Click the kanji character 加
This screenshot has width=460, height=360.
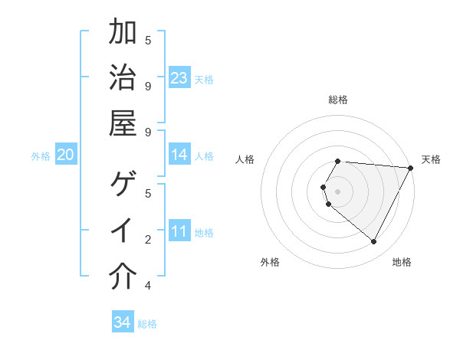[x=123, y=33]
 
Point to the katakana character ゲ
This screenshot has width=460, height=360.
[x=123, y=185]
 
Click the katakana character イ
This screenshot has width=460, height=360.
[x=123, y=231]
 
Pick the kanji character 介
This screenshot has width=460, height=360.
[x=123, y=277]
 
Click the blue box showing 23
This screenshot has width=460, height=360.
[x=179, y=78]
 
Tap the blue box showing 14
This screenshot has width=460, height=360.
[x=179, y=155]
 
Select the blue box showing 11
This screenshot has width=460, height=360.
[x=179, y=231]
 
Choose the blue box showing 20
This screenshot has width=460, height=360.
[x=65, y=155]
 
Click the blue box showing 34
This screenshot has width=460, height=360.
[x=122, y=322]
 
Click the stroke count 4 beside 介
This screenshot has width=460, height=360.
[x=148, y=286]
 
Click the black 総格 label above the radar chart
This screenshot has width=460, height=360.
[x=338, y=100]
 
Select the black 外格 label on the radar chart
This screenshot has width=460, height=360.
[x=270, y=263]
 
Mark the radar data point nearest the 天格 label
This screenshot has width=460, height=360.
[x=412, y=169]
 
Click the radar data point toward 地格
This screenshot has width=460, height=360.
[x=374, y=242]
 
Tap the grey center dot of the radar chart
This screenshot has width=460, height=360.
[x=338, y=191]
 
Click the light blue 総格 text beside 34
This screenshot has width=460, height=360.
[x=147, y=324]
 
